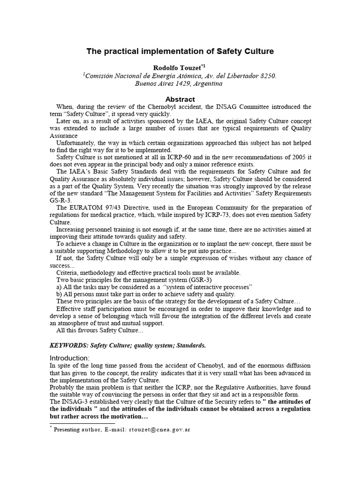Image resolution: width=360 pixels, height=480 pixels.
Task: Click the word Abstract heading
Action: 180,99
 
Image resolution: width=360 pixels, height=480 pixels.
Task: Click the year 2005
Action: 283,157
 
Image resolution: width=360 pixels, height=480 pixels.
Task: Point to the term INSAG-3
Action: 75,402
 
